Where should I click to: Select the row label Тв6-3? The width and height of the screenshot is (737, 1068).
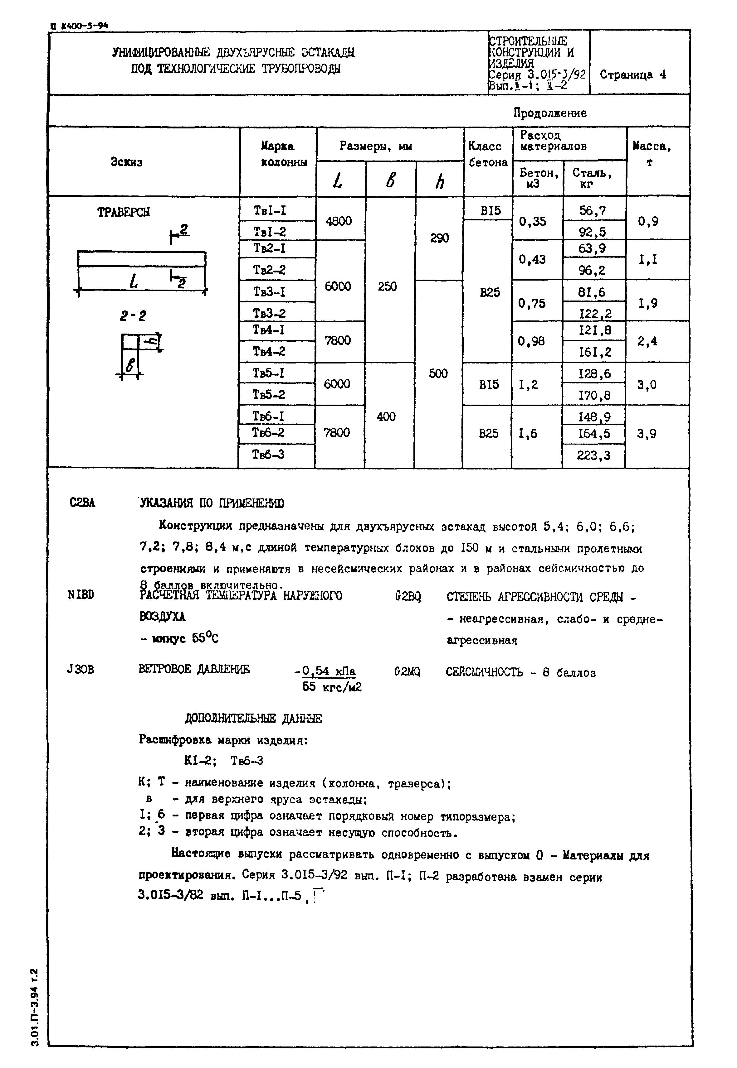coord(268,455)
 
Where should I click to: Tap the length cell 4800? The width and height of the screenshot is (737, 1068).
coord(339,221)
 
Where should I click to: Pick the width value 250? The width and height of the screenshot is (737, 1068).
coord(387,287)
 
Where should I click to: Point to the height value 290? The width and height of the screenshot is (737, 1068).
coord(439,238)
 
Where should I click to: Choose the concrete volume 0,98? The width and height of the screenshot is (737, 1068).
coord(531,341)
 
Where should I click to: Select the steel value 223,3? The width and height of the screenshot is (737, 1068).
coord(593,456)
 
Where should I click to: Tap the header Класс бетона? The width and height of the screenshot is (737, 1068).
coord(488,154)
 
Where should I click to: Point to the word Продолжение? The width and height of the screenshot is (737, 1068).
coord(550,113)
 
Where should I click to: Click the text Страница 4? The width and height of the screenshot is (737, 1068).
coord(633,75)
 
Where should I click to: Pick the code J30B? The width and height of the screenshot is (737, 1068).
coord(81,669)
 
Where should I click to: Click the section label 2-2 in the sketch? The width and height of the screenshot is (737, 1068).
coord(133,316)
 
